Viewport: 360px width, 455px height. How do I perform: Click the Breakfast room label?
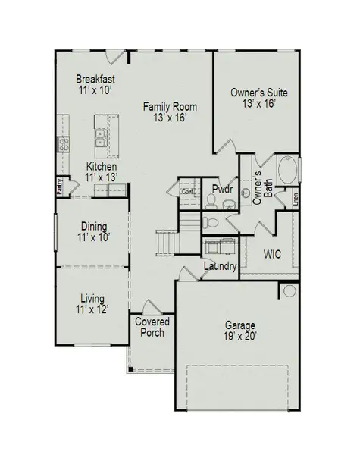click(x=96, y=84)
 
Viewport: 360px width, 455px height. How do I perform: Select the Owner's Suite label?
click(x=259, y=98)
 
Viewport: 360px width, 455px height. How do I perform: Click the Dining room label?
click(x=95, y=231)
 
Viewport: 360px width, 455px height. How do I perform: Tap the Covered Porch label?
click(x=152, y=328)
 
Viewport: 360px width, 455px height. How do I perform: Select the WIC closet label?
click(x=272, y=254)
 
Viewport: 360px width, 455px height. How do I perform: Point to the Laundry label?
click(x=221, y=267)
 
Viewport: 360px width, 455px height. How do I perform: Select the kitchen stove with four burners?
click(x=64, y=143)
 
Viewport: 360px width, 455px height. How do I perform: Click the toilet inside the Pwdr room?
click(x=211, y=200)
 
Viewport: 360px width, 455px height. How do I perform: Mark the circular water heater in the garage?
click(x=290, y=291)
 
